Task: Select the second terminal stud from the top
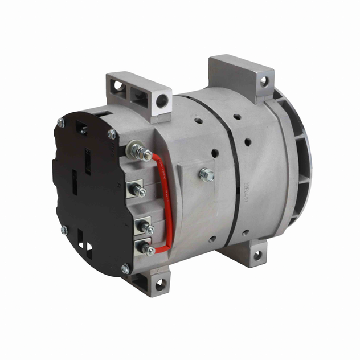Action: pos(138,190)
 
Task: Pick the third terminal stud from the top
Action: pos(147,228)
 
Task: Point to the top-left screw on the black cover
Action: pos(60,122)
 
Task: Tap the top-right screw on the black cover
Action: pos(112,134)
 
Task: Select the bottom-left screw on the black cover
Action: pos(64,230)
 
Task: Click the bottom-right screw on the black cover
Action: pos(125,268)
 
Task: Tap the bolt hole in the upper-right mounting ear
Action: pos(264,81)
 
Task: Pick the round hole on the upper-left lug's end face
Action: pos(162,101)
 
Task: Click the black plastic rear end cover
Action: pos(85,188)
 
